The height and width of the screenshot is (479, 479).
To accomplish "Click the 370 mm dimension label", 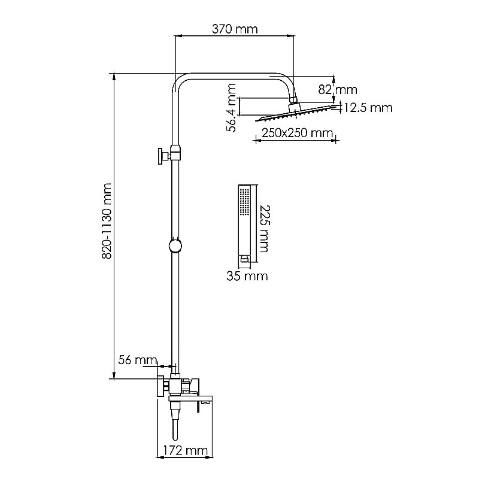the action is [x=235, y=29].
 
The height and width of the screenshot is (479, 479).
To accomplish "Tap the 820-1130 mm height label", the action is [x=107, y=221].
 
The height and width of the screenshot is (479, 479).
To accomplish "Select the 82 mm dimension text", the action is [x=338, y=90].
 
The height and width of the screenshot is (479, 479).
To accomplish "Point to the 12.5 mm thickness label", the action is [x=368, y=108].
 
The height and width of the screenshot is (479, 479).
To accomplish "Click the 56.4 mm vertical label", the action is [x=231, y=108].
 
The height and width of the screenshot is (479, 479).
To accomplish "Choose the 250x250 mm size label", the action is [x=297, y=133].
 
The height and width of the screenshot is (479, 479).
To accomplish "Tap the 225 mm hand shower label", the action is [x=265, y=229].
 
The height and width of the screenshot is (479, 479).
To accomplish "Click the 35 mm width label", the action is [x=247, y=276].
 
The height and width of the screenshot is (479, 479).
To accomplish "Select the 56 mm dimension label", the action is [x=138, y=360].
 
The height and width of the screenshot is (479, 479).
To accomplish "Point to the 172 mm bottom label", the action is [x=185, y=450].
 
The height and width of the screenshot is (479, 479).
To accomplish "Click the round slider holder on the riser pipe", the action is [x=175, y=245].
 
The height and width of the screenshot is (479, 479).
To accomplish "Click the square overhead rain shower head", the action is [x=294, y=113].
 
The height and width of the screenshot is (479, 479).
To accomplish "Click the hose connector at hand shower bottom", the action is [x=244, y=259].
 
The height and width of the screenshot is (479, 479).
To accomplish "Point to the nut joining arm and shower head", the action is [x=294, y=100].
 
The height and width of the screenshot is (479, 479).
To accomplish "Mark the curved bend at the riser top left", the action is [x=180, y=81].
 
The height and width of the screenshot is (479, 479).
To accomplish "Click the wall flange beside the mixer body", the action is [x=160, y=386].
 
